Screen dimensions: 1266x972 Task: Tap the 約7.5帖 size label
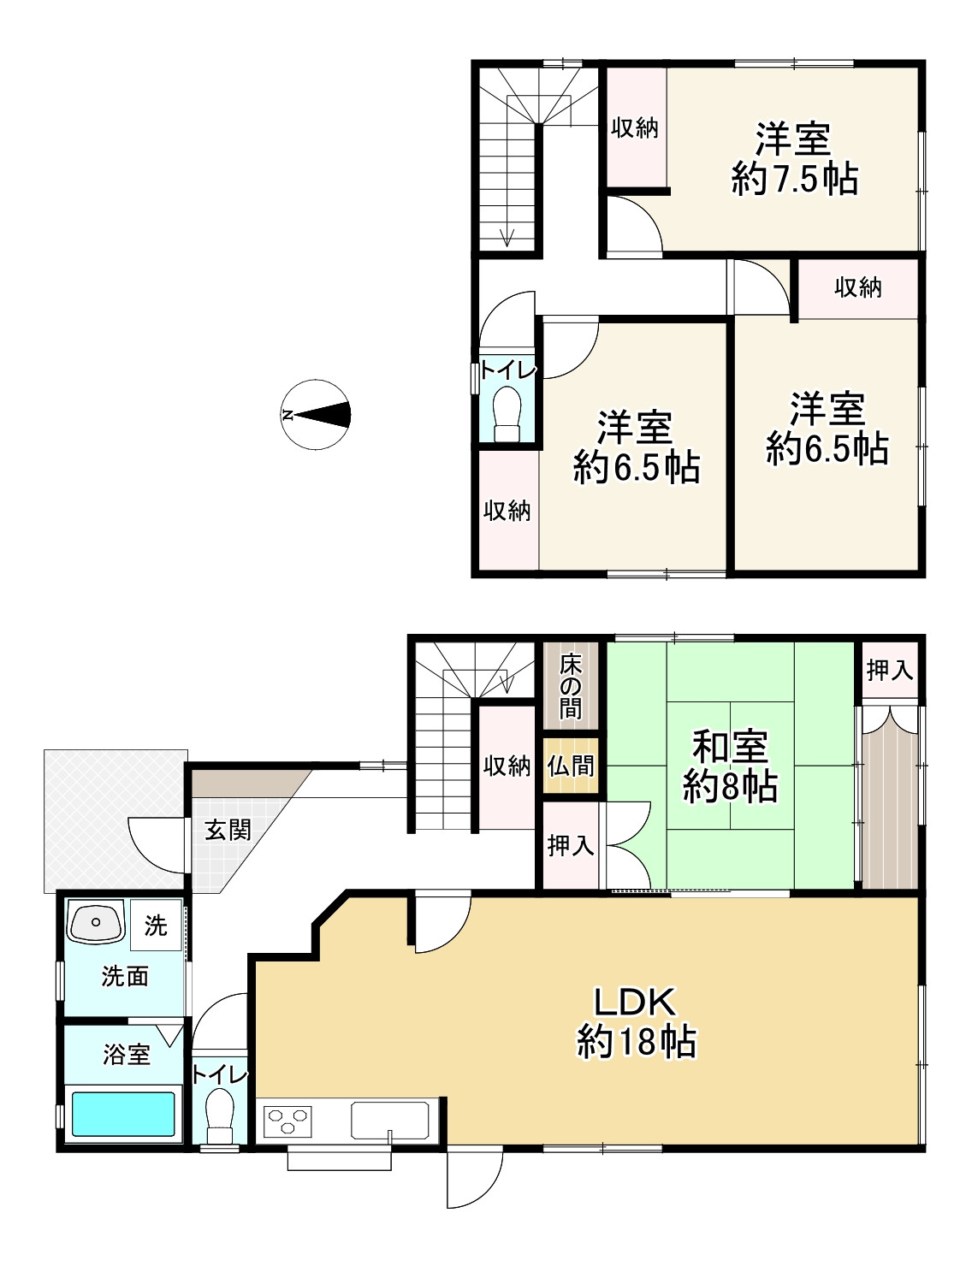(795, 180)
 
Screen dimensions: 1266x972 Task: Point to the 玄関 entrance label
(228, 830)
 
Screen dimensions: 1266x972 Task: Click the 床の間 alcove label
(571, 685)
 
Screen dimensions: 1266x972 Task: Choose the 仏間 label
(571, 765)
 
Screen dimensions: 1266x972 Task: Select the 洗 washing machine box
(156, 925)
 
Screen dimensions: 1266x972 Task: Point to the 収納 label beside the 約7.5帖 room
(635, 128)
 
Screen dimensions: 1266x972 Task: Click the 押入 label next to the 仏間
(571, 845)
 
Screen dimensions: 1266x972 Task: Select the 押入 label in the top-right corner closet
(890, 671)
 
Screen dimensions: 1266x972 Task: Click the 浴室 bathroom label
(127, 1055)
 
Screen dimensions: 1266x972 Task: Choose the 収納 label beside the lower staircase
(507, 766)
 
